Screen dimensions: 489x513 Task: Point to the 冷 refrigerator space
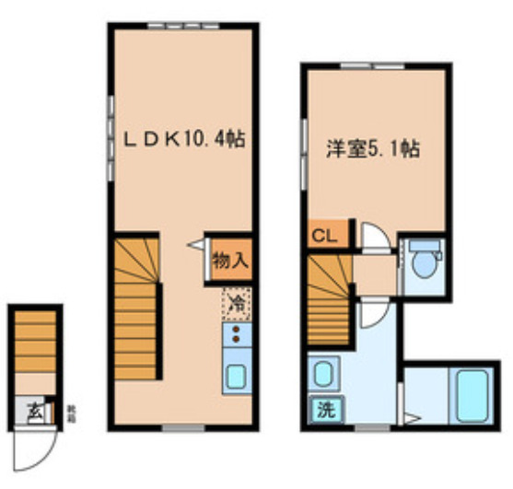[236, 300]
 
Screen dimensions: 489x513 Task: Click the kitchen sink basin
[236, 377]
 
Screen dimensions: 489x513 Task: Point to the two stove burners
[235, 333]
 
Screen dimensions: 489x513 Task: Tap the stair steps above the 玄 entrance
[36, 341]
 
